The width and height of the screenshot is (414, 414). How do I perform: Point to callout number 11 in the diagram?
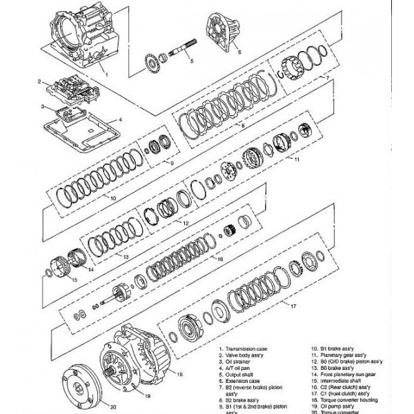tap(295, 159)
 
